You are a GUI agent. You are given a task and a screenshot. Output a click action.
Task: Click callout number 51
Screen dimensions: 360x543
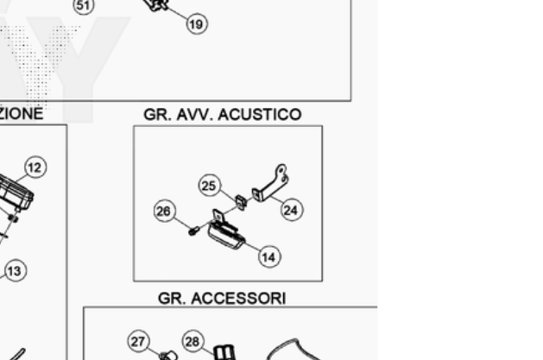point(83,5)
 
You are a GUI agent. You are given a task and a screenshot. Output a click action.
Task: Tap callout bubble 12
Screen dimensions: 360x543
point(35,167)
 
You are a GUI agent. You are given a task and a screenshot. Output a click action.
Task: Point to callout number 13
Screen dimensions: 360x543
point(14,271)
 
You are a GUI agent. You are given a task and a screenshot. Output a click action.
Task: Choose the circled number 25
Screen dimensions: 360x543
point(208,185)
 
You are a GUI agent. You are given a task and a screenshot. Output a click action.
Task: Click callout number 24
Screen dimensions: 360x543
point(292,209)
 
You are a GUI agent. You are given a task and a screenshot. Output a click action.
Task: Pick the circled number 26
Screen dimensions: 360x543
point(164,210)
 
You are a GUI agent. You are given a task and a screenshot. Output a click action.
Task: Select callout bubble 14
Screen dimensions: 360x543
point(268,256)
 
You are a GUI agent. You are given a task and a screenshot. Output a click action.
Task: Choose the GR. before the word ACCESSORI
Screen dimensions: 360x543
point(172,298)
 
